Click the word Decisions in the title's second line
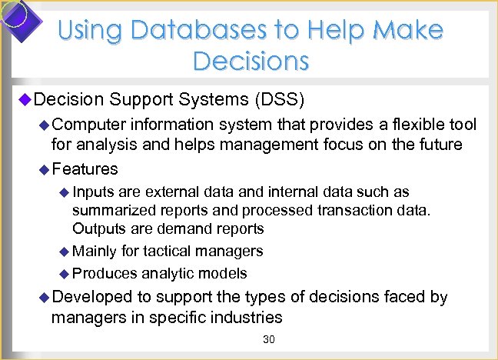click(251, 60)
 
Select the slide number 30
click(268, 340)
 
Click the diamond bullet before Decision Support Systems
click(24, 100)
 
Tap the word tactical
click(174, 251)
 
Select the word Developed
click(89, 297)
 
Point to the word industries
click(247, 317)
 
